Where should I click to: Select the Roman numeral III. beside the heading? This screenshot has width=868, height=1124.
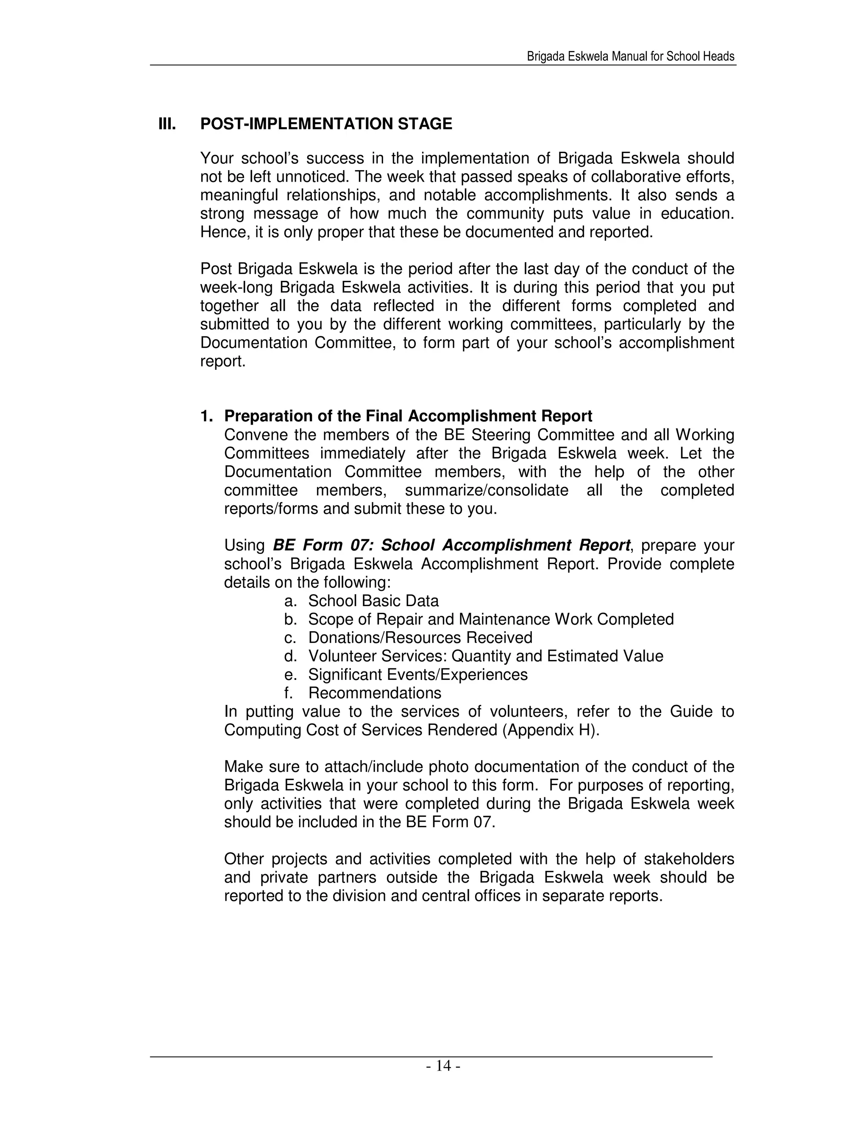click(167, 124)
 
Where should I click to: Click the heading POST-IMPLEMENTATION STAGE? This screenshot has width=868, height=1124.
click(326, 124)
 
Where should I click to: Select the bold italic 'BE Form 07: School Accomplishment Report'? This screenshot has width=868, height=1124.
click(451, 545)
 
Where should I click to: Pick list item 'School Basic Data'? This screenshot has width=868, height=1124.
click(373, 601)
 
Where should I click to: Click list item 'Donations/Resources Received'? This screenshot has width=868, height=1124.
click(420, 637)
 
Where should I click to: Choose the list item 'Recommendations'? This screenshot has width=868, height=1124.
click(375, 693)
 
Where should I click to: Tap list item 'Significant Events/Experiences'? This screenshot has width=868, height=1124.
click(418, 675)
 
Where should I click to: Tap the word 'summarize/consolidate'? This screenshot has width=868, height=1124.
click(487, 490)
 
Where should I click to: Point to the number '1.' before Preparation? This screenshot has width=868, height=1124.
click(207, 416)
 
